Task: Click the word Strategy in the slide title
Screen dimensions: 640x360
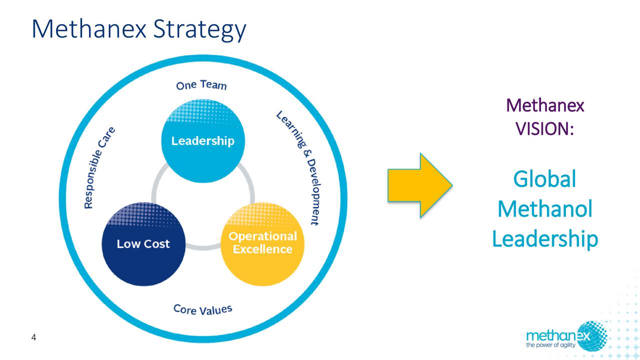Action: point(199,29)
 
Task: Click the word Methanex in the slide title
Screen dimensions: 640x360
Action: point(89,28)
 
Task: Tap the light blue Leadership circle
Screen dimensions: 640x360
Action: point(203,140)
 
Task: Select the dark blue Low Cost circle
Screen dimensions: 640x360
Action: point(143,244)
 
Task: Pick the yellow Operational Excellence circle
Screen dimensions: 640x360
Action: point(262,244)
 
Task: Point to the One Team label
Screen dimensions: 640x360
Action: point(201,85)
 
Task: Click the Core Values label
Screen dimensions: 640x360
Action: point(203,309)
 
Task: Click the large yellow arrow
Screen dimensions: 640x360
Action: point(419,185)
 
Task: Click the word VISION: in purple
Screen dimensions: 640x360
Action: point(545,129)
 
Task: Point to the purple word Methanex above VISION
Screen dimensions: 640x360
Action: point(545,105)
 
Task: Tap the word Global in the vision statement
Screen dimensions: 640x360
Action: point(544,179)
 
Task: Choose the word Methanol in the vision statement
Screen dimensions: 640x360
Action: point(545,209)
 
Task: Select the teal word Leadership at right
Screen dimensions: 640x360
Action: point(545,239)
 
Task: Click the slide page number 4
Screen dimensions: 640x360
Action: point(33,337)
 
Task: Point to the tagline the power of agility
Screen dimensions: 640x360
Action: point(550,345)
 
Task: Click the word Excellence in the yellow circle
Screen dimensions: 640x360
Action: point(262,249)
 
